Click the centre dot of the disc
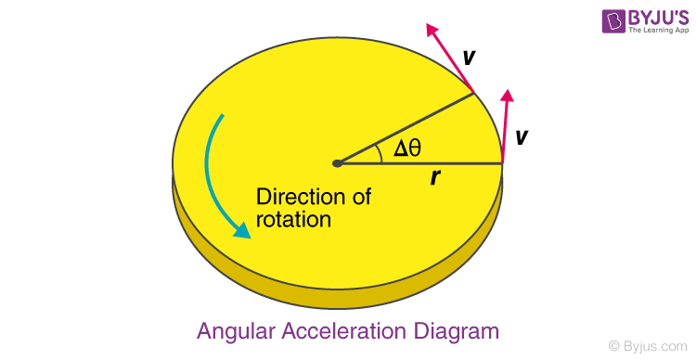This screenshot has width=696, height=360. pos(337,163)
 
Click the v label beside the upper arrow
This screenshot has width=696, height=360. pos(469,57)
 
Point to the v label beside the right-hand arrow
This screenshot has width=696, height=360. pos(522,136)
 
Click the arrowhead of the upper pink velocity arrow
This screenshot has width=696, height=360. pos(432,29)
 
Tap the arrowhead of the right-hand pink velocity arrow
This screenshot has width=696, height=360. pos(507,95)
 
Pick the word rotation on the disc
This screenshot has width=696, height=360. pos(293,220)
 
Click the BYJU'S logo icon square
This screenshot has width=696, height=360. pos(588,21)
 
